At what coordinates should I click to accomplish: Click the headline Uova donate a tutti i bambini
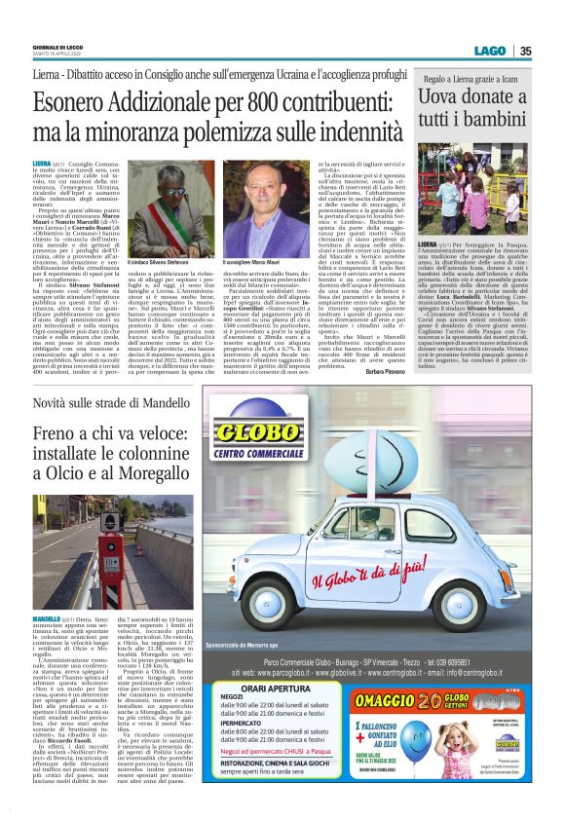tap(477, 113)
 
